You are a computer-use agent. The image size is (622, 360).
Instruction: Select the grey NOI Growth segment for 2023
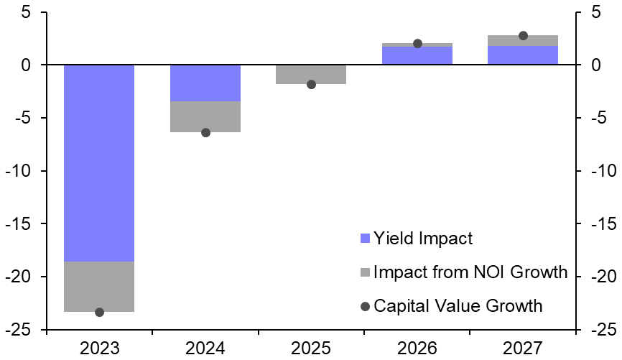pos(99,286)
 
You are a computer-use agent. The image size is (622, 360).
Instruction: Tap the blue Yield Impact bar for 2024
pos(205,83)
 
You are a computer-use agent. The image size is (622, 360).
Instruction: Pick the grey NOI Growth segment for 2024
pos(205,116)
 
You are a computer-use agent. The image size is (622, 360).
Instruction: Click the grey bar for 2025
pos(311,75)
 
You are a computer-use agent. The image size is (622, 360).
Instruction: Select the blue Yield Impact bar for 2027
pos(523,55)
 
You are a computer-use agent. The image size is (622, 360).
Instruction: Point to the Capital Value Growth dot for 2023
pos(99,312)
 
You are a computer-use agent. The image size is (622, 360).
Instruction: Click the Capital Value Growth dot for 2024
pos(205,132)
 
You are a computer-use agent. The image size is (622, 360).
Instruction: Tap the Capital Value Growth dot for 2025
pos(311,84)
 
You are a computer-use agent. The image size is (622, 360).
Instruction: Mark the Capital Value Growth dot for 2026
pos(417,44)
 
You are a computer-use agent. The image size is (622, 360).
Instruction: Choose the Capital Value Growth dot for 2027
pos(523,35)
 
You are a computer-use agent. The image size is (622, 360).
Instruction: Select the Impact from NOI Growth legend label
pos(470,272)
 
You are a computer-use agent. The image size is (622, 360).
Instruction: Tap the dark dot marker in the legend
pos(365,306)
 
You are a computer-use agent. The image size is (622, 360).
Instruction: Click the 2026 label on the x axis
pos(417,349)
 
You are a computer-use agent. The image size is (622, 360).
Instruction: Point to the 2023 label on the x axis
pos(99,349)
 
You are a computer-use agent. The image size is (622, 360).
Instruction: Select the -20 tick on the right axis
pos(600,277)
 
